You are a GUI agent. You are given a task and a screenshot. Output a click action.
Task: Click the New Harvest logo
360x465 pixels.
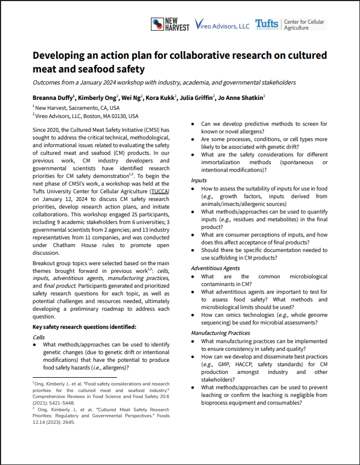click(x=170, y=24)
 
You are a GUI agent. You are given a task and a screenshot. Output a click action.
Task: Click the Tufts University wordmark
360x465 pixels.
click(x=267, y=25)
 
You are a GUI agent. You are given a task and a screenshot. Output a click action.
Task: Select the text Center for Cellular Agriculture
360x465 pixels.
click(x=303, y=25)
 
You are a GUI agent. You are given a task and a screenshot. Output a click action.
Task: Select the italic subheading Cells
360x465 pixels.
click(x=39, y=337)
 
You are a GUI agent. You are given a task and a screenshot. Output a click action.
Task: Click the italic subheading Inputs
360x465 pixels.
click(x=199, y=180)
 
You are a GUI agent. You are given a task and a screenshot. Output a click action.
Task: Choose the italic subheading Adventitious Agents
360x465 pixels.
click(x=215, y=268)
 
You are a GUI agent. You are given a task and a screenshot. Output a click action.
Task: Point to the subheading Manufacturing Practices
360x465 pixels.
click(x=221, y=333)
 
